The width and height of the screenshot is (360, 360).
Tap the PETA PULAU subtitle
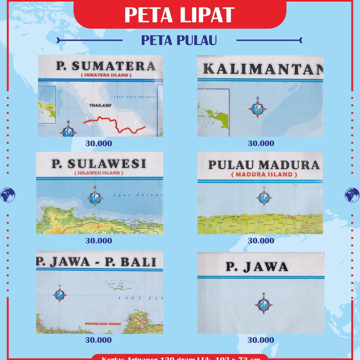(179, 40)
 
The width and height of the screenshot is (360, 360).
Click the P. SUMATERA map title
(106, 66)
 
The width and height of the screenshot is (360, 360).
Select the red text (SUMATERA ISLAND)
(105, 75)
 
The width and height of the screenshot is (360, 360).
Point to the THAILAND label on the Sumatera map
(100, 105)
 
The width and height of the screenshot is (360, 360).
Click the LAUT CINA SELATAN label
(139, 97)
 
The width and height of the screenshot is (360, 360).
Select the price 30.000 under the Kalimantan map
(261, 143)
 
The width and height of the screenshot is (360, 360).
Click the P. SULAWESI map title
(99, 164)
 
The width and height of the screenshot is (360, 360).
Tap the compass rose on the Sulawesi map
(95, 198)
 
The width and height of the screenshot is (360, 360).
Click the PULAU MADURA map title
(264, 165)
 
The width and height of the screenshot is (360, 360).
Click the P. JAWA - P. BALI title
(96, 262)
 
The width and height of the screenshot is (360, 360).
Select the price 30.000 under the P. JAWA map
(261, 340)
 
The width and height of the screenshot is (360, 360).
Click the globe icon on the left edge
(8, 195)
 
